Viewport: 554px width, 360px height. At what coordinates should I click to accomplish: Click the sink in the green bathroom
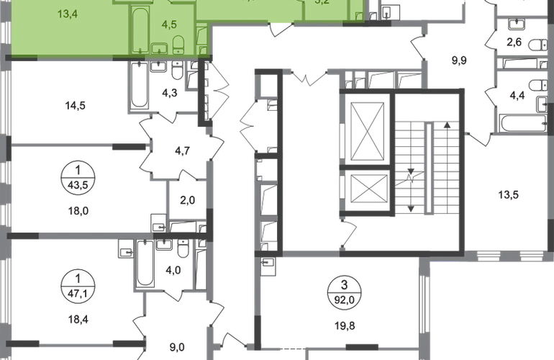(160, 48)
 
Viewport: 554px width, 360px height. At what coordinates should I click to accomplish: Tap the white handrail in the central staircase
(431, 169)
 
